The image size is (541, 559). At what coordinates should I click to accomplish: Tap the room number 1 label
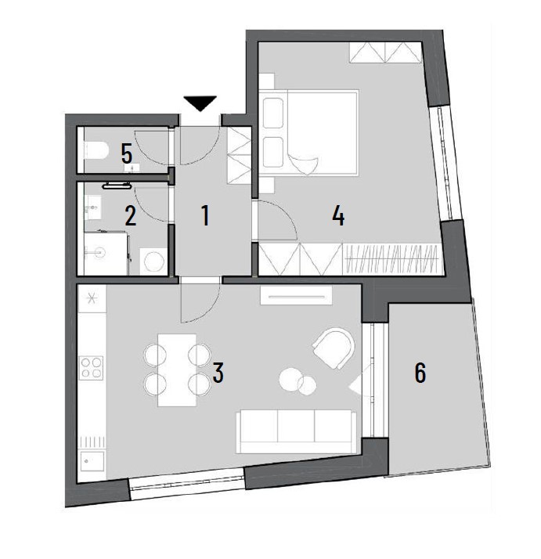(x=205, y=215)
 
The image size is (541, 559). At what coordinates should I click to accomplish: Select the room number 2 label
(x=130, y=215)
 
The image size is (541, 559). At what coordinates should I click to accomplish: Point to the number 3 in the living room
(x=218, y=373)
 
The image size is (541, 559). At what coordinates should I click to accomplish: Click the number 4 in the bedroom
(x=338, y=215)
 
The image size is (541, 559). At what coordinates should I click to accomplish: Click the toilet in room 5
(x=96, y=150)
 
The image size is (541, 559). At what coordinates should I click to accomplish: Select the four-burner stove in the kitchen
(x=91, y=367)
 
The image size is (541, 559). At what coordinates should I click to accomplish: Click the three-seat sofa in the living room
(x=296, y=431)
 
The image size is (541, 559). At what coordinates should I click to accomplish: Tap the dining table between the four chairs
(x=177, y=370)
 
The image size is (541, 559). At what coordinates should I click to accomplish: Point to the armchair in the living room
(x=334, y=348)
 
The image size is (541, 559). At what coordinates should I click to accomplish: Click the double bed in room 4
(x=308, y=132)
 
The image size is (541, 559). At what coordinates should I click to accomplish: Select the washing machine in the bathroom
(x=153, y=261)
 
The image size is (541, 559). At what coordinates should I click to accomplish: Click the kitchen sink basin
(x=92, y=460)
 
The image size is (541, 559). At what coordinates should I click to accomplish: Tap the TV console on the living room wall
(x=296, y=295)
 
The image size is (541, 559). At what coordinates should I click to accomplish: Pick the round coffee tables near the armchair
(x=298, y=381)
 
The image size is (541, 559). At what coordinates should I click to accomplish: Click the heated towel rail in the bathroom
(x=117, y=186)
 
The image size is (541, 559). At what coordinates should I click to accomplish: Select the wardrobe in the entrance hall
(x=239, y=156)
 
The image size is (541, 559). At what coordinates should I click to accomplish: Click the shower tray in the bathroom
(x=106, y=253)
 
